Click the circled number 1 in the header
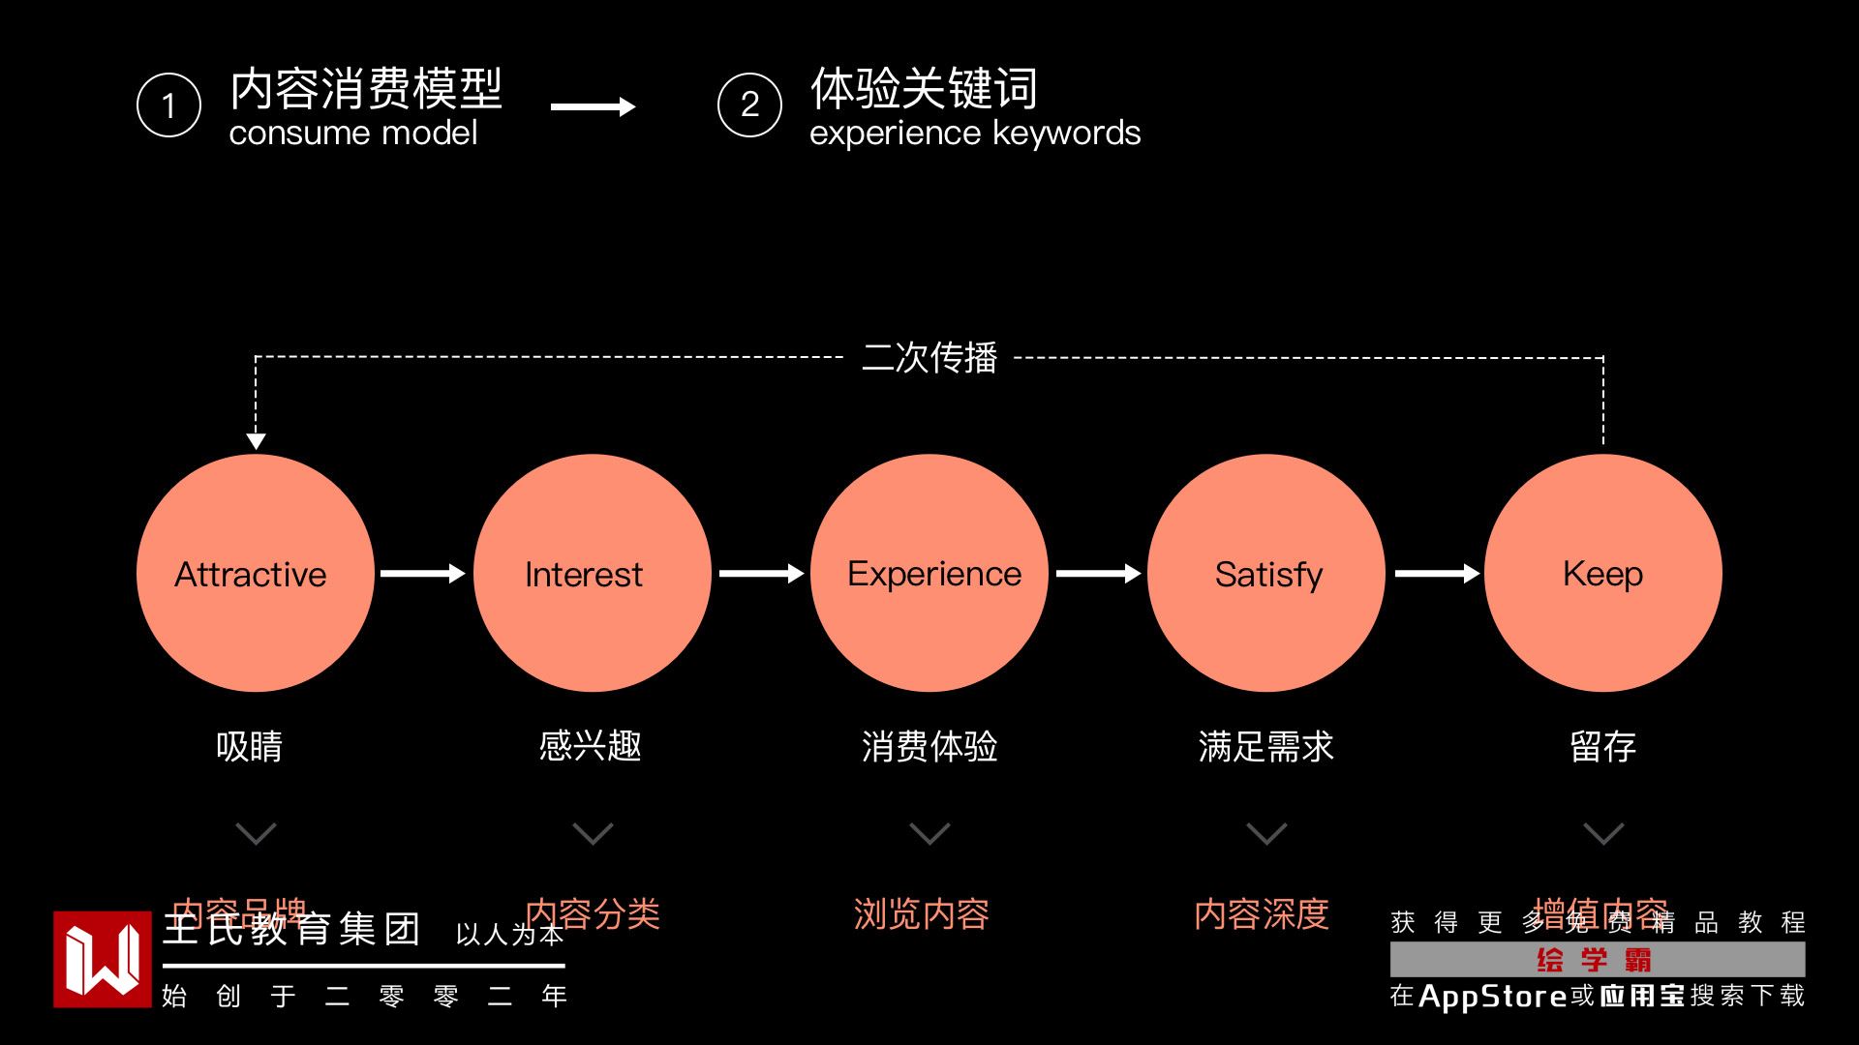coord(168,104)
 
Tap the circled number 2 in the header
coord(749,104)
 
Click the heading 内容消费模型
coord(366,89)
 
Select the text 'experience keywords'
coord(975,134)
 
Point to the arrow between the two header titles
coord(593,106)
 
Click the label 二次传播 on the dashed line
coord(929,358)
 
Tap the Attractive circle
coord(255,573)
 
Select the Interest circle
coord(592,573)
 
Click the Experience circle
coord(929,573)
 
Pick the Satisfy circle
coord(1265,573)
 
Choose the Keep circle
coord(1602,573)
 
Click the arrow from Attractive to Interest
coord(423,574)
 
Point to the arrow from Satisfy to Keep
coord(1437,574)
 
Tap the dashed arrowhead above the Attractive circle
coord(256,441)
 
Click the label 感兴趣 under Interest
coord(591,746)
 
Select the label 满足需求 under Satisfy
coord(1265,746)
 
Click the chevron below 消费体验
coord(929,833)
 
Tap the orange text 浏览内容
coord(921,913)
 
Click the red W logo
coord(103,959)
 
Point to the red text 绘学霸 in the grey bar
coord(1595,960)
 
